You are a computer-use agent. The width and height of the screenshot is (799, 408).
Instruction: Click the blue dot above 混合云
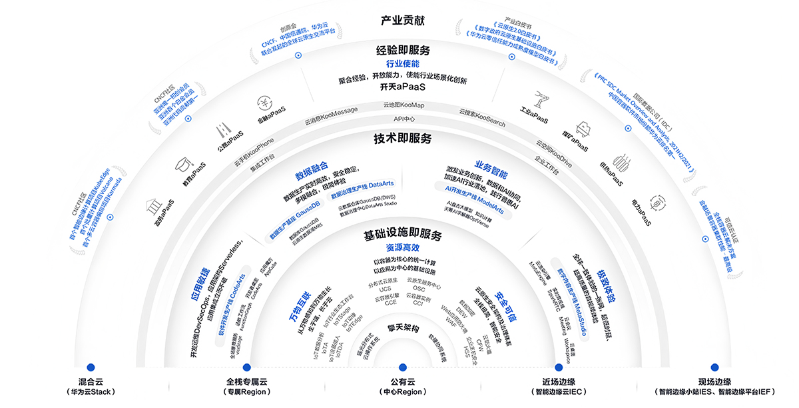(x=91, y=367)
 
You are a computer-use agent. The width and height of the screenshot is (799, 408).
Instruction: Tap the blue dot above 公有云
(x=402, y=367)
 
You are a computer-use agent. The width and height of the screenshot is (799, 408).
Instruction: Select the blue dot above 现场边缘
(x=714, y=367)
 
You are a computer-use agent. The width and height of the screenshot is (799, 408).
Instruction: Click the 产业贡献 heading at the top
(x=402, y=21)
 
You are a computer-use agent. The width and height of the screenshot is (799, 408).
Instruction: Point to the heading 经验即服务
(x=402, y=50)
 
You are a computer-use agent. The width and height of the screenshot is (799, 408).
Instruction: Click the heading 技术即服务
(x=402, y=139)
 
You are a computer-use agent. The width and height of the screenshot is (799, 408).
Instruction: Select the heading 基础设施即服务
(x=402, y=236)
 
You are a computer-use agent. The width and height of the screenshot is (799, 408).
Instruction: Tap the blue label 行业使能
(x=402, y=64)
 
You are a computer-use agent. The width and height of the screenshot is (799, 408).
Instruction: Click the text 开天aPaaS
(x=402, y=87)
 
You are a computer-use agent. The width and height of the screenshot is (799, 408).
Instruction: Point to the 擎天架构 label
(x=402, y=329)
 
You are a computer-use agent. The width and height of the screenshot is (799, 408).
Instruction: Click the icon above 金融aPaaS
(x=263, y=103)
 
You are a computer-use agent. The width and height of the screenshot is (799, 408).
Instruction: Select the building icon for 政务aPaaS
(x=152, y=204)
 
